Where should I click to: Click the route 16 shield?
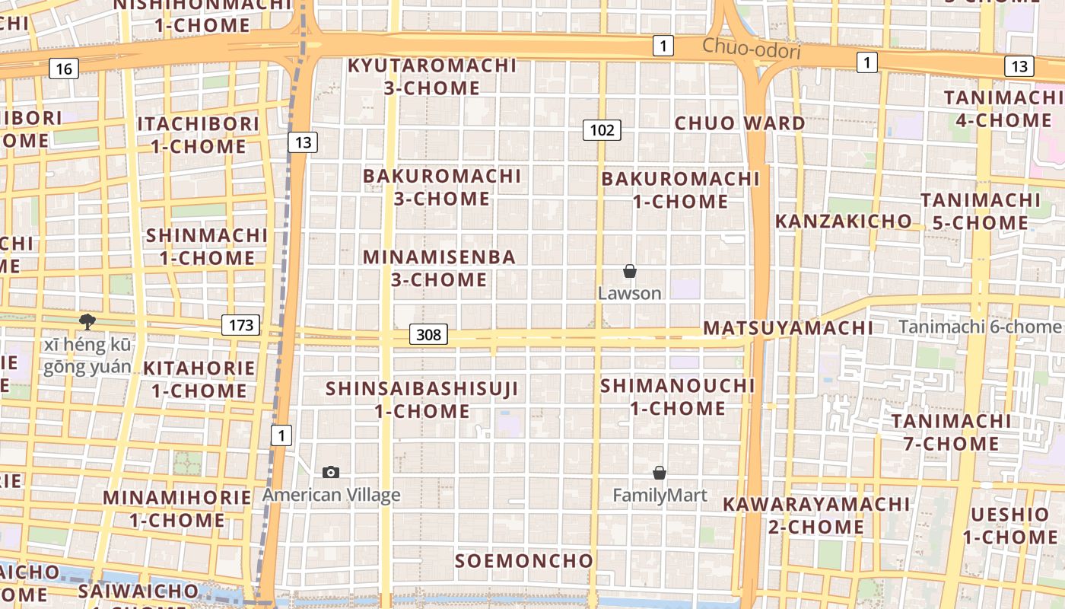[64, 69]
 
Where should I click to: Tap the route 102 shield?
[602, 130]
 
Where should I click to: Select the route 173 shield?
[241, 326]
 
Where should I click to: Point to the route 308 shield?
[429, 334]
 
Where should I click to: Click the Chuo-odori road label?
[751, 48]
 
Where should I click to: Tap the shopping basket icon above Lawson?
[630, 271]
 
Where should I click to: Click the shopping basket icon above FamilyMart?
[660, 473]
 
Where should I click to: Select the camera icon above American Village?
[331, 472]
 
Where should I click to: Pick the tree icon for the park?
[87, 322]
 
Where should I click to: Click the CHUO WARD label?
[739, 123]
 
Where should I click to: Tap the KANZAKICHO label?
[843, 222]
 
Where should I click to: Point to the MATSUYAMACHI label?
[787, 328]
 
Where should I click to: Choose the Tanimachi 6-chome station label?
[979, 327]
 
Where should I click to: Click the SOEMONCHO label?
[523, 561]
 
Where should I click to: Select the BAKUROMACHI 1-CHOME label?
[680, 190]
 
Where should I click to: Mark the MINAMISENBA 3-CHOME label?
[439, 268]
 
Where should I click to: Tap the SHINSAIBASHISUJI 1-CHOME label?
[421, 400]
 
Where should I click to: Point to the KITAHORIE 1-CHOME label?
[199, 379]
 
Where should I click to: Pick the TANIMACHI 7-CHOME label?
[951, 432]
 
